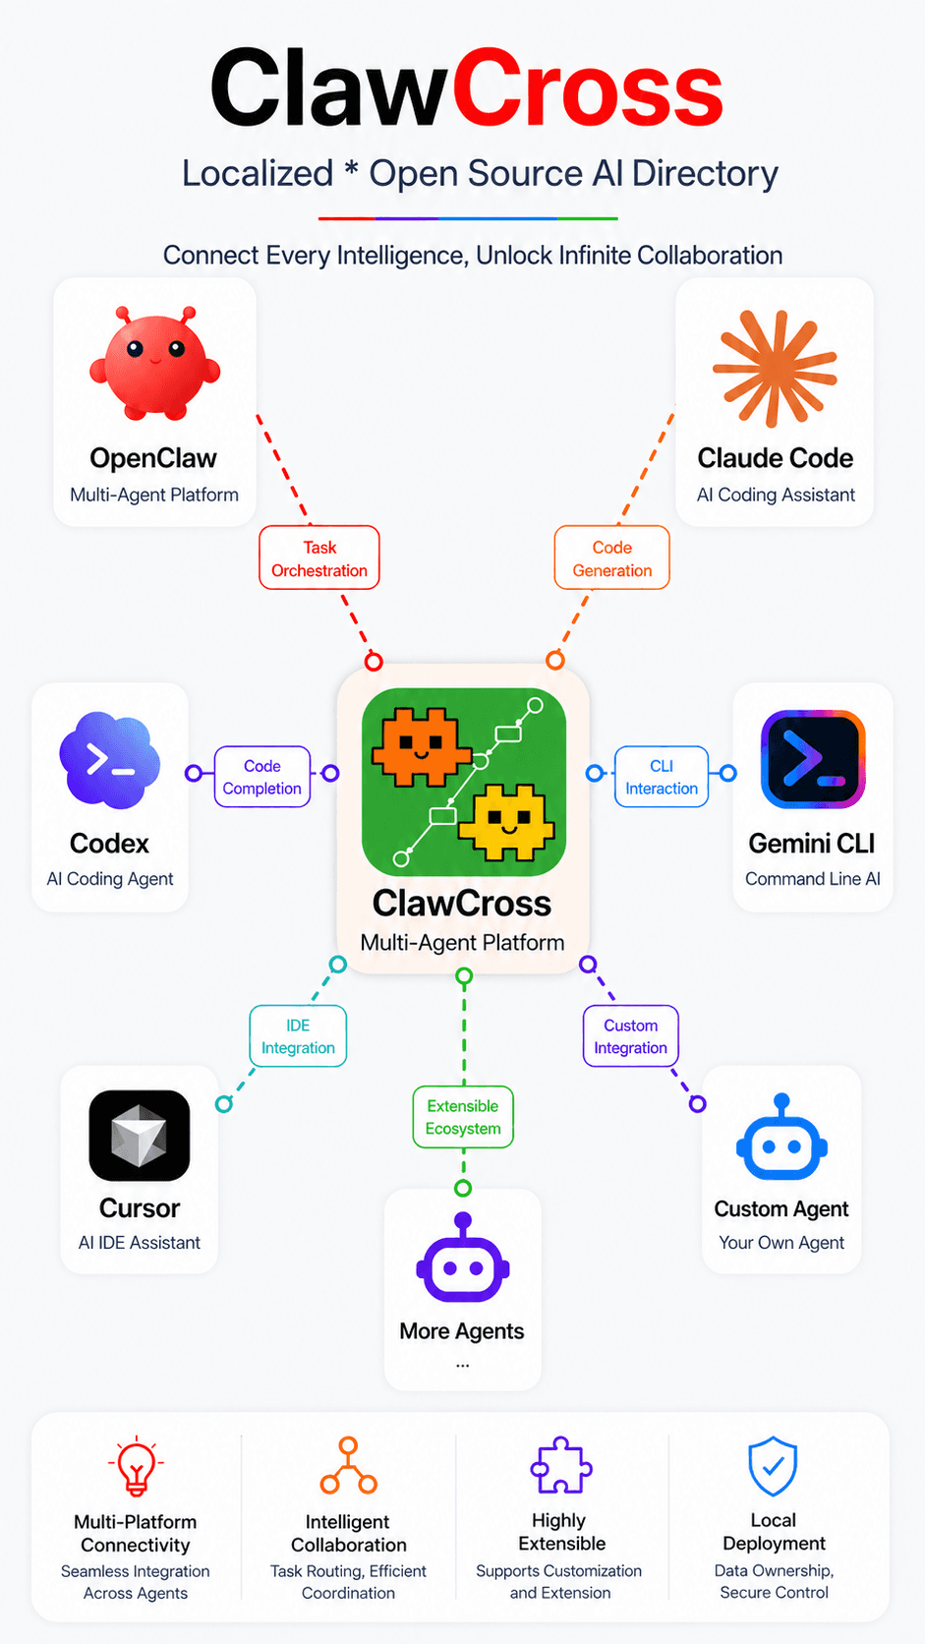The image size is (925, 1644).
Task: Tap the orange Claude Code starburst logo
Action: click(776, 368)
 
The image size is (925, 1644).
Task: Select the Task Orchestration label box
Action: click(319, 558)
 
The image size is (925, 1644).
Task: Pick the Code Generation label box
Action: click(611, 558)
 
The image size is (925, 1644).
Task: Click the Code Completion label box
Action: click(262, 777)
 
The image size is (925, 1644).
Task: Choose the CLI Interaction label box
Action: click(662, 777)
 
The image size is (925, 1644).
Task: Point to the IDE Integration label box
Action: click(298, 1036)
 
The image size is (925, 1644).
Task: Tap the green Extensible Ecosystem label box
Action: click(463, 1117)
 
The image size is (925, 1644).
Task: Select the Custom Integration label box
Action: click(630, 1036)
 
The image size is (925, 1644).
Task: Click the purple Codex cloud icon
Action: click(109, 761)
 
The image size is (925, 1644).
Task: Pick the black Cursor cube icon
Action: click(140, 1136)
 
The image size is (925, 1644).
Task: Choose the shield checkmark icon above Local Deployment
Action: click(774, 1466)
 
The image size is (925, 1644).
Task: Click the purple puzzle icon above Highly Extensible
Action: click(561, 1466)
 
